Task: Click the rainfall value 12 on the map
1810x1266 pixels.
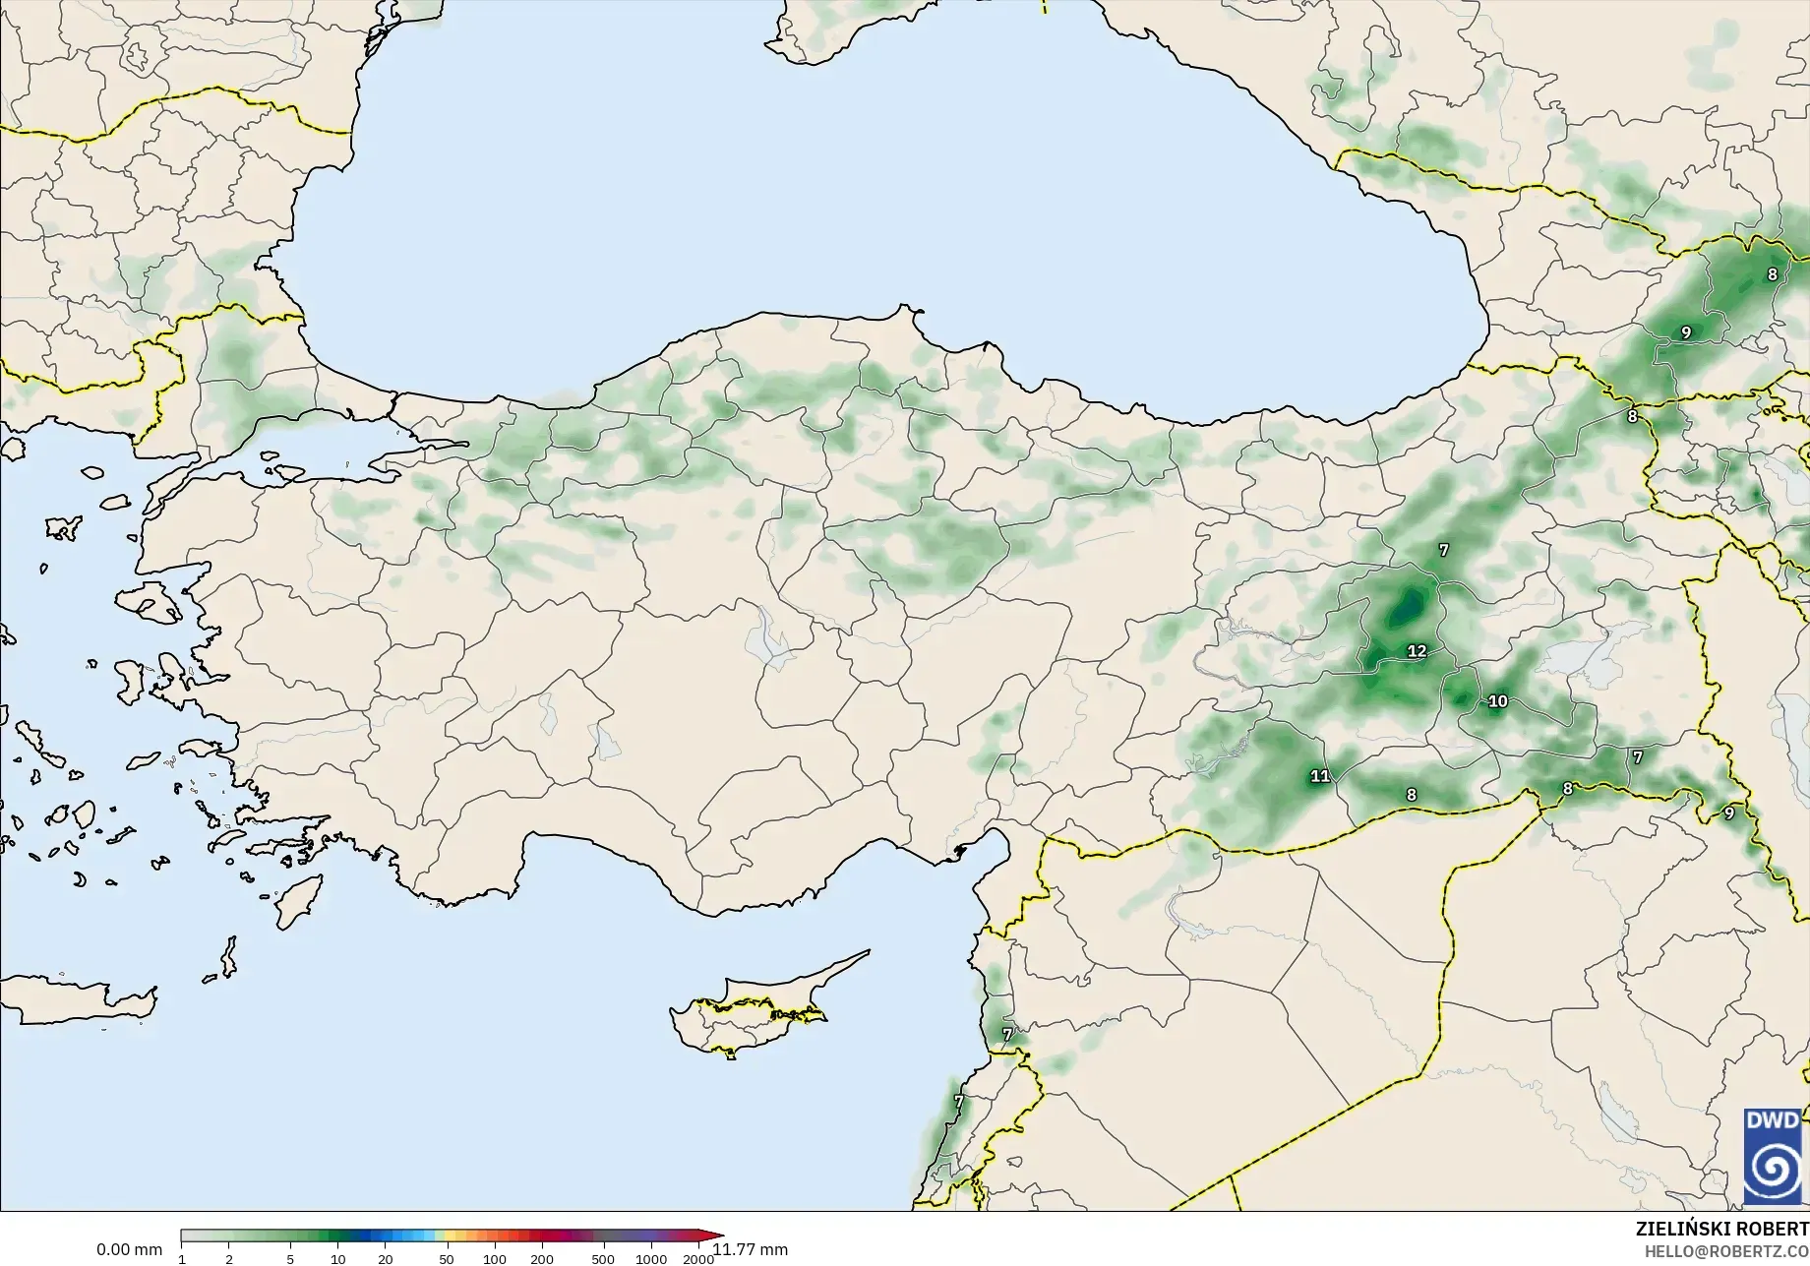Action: (1417, 651)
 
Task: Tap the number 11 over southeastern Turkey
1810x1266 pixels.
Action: (1320, 776)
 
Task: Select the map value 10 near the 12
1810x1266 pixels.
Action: (1497, 701)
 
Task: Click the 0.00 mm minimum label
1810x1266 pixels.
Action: (129, 1249)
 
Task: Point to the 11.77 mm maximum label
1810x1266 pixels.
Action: (751, 1249)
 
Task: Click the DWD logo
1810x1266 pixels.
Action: (1773, 1157)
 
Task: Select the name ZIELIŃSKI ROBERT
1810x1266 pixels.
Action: (1721, 1230)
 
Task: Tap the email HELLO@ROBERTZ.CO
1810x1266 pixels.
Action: (1727, 1250)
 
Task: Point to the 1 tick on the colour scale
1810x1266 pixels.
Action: (182, 1259)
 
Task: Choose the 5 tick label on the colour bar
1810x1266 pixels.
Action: (290, 1259)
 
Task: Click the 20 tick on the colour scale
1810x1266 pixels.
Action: (386, 1259)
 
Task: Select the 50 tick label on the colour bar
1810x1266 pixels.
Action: (447, 1259)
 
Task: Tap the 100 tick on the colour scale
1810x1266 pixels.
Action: (495, 1259)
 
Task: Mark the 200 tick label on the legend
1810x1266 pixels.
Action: (542, 1259)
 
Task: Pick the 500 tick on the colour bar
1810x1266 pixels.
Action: (603, 1259)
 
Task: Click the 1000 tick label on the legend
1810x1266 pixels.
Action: (651, 1259)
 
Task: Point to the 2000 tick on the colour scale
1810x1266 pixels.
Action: (698, 1259)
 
